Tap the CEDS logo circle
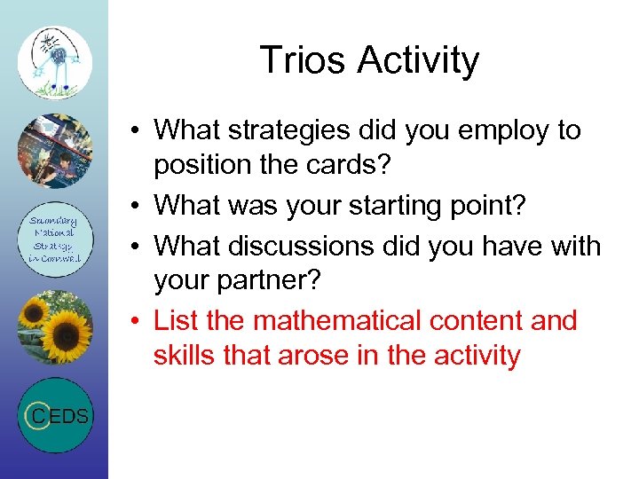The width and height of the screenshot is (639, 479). point(55,415)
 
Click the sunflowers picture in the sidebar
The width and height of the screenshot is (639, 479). point(55,327)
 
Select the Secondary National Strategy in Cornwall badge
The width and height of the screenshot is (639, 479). point(55,239)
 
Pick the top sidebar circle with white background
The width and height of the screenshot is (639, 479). point(55,63)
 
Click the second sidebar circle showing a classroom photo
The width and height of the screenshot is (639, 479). point(55,152)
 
